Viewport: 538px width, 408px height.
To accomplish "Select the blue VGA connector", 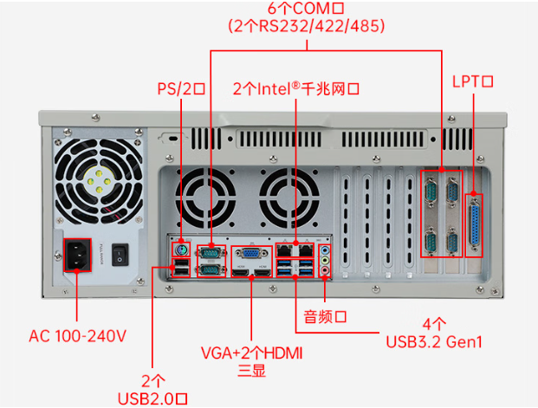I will tap(250, 254).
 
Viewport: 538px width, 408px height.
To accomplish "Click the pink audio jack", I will tap(325, 270).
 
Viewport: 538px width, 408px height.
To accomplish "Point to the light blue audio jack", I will tap(325, 249).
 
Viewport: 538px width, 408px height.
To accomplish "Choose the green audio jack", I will tap(325, 259).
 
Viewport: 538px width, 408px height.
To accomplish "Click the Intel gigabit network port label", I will tap(296, 88).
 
